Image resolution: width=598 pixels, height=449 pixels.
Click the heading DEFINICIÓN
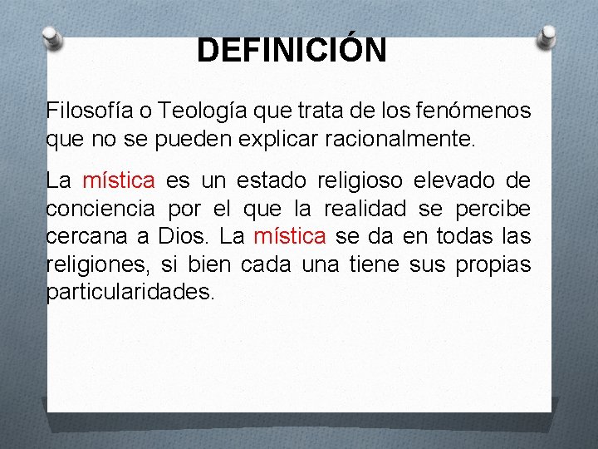292,51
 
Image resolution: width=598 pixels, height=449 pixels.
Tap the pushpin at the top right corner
547,35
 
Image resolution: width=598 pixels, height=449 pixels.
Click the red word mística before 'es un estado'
119,180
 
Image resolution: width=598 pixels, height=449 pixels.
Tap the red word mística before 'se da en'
289,236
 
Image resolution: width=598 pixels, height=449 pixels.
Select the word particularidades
130,292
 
